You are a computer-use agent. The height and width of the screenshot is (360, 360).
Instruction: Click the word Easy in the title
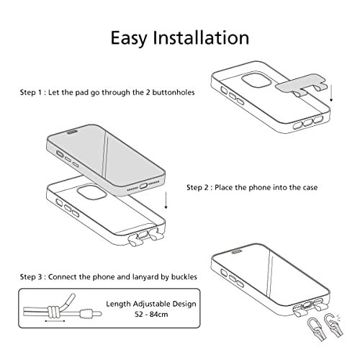129,38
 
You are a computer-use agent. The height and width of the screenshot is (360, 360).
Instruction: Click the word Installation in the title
201,37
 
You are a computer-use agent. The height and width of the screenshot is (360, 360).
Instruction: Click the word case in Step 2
310,187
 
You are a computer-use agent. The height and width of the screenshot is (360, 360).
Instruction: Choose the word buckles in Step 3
184,276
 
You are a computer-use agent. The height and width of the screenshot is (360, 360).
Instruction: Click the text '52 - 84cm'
151,314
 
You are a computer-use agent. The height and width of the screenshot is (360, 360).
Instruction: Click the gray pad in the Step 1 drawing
302,84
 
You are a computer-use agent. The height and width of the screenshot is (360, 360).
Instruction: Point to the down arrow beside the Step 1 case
331,93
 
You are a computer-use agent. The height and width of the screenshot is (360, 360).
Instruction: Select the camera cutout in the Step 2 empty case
91,192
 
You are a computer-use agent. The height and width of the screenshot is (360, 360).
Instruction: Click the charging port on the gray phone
143,186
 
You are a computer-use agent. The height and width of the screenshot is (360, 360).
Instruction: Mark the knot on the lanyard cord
53,312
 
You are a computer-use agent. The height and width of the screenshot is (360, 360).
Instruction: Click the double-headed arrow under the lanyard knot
55,320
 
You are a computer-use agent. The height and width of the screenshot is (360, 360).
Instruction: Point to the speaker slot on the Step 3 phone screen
237,252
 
